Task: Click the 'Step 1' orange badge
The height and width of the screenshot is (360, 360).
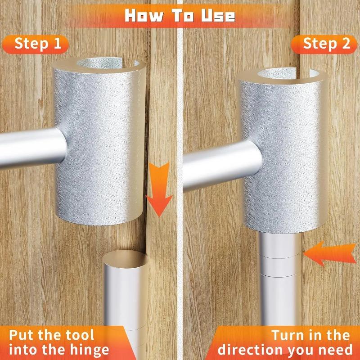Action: coord(35,44)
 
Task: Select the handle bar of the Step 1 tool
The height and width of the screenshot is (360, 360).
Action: coord(27,148)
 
